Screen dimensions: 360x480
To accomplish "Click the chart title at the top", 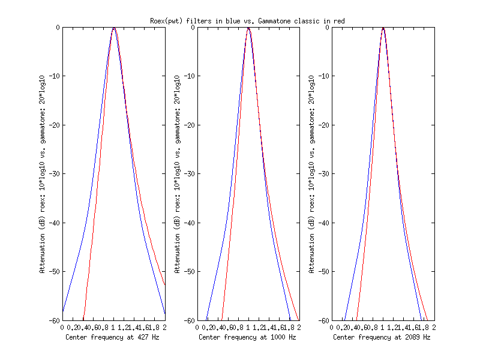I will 247,21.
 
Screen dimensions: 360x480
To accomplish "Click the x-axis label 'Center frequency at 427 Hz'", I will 113,337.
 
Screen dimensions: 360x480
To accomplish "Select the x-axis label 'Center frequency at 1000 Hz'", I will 248,337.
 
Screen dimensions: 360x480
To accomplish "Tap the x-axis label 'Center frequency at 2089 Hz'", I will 382,337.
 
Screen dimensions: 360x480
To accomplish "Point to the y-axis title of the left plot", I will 43,174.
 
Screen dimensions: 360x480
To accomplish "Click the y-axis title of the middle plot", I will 177,174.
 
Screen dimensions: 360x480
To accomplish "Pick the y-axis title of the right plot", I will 311,174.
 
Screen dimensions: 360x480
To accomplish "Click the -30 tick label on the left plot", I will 54,174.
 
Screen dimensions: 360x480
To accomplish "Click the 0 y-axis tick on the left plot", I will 58,28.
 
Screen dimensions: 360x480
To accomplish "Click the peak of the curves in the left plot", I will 114,28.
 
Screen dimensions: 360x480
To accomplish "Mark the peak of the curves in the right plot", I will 383,28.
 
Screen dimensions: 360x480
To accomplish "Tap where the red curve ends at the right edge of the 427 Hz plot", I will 165,285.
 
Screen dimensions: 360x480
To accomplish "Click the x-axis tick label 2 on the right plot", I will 434,328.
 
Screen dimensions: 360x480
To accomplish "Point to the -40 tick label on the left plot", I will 54,223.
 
